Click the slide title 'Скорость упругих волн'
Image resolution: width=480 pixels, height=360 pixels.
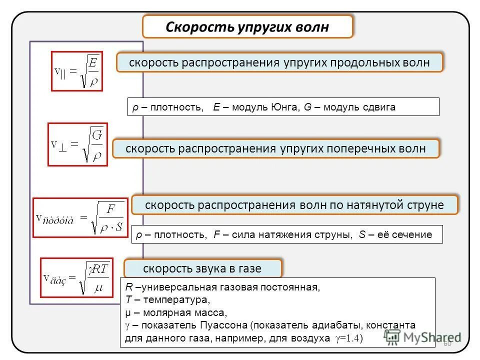[x=247, y=26]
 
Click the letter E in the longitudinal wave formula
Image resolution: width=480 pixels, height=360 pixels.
[x=93, y=62]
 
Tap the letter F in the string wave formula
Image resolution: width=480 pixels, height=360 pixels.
[x=111, y=208]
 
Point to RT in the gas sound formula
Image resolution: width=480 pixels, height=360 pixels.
[x=99, y=270]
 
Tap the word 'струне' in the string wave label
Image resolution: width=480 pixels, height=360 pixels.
[x=424, y=205]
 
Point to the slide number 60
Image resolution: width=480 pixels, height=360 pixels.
[x=447, y=343]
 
